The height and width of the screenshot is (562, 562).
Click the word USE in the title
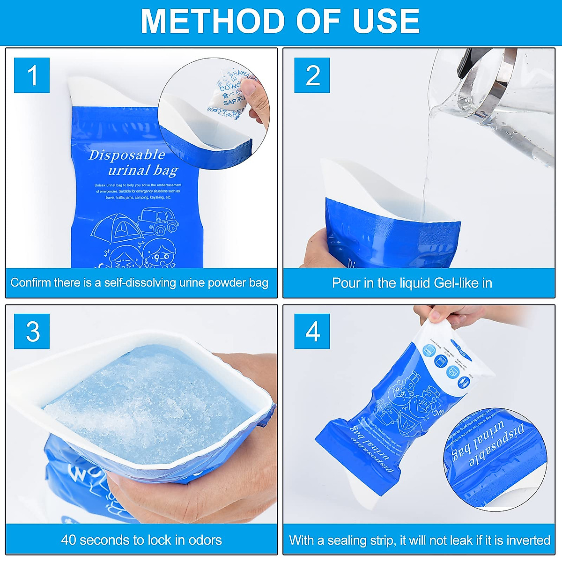click(x=386, y=21)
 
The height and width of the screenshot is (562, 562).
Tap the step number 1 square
click(x=32, y=75)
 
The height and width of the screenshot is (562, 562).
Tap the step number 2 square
click(x=312, y=75)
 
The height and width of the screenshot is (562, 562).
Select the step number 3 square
click(x=32, y=332)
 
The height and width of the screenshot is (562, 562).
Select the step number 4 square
click(x=312, y=332)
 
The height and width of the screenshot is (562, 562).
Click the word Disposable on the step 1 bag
click(x=127, y=155)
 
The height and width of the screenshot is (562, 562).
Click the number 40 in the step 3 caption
click(x=69, y=540)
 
